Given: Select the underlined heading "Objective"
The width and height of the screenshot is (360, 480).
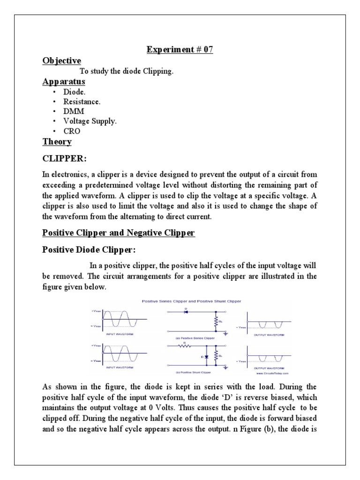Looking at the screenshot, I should [61, 61].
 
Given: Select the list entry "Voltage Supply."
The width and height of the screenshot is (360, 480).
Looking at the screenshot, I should [90, 121].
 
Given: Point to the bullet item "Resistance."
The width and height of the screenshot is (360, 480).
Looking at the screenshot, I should [82, 101].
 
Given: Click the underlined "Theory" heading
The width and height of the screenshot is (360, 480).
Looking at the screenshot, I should [57, 142].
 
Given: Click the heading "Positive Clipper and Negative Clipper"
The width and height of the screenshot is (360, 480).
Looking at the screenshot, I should [118, 232].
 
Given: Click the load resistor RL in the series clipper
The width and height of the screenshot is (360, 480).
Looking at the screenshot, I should [216, 322].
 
